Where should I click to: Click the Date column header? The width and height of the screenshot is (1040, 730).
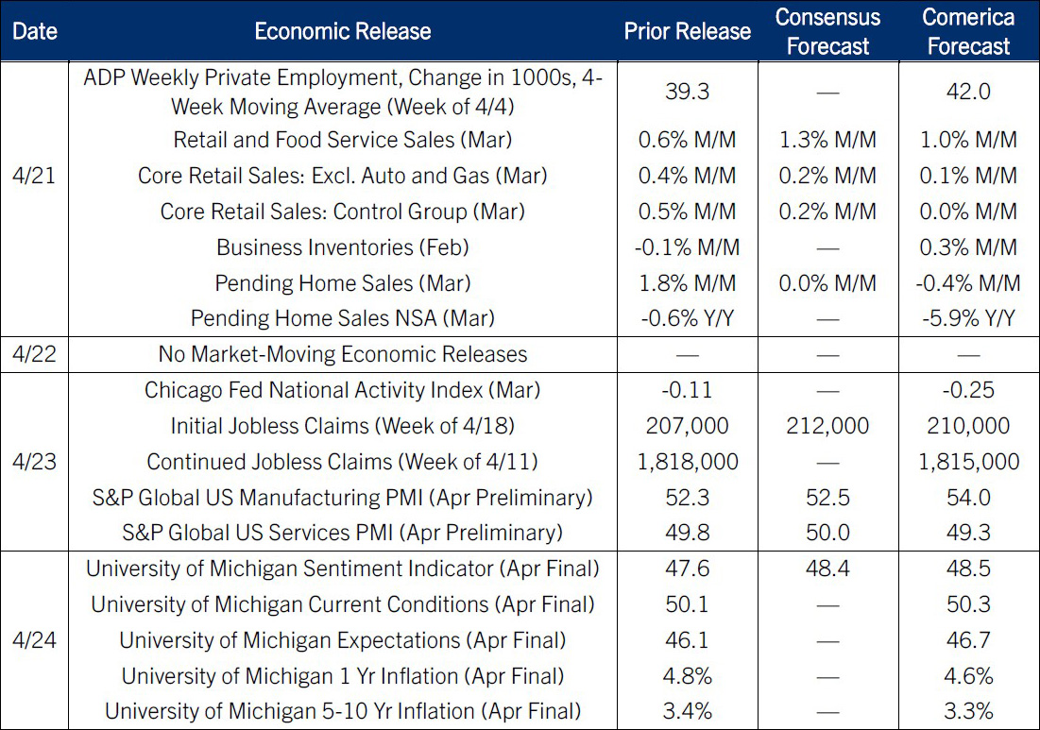tap(35, 31)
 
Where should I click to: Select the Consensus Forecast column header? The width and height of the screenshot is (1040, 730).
tap(827, 31)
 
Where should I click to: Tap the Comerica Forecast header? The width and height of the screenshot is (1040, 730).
tap(968, 31)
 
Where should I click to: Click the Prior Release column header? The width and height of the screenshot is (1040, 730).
tap(687, 31)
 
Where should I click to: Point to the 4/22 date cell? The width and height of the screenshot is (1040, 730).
tap(35, 355)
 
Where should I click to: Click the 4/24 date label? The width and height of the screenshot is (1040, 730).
tap(35, 640)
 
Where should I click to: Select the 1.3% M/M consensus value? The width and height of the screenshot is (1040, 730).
tap(827, 140)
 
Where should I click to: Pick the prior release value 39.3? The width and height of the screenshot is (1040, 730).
tap(687, 92)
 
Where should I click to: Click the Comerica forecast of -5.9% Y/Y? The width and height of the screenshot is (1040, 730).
tap(968, 319)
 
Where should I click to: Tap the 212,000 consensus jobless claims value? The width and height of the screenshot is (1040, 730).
tap(827, 426)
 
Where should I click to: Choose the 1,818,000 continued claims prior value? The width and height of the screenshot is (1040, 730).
tap(687, 462)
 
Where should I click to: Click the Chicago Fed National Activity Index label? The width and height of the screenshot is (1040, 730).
tap(343, 390)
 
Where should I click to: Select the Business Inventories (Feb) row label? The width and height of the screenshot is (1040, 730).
tap(343, 247)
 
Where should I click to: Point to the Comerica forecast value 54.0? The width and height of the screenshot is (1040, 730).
tap(968, 498)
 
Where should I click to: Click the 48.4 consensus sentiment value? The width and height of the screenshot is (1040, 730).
tap(827, 569)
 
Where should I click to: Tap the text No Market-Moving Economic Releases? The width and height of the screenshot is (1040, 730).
tap(343, 355)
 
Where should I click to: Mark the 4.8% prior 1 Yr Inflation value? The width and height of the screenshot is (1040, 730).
tap(687, 676)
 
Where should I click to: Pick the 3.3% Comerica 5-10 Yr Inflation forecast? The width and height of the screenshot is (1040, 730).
tap(968, 711)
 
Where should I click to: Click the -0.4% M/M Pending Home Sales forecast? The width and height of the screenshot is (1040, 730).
tap(968, 283)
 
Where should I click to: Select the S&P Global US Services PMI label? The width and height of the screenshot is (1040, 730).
tap(343, 533)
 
